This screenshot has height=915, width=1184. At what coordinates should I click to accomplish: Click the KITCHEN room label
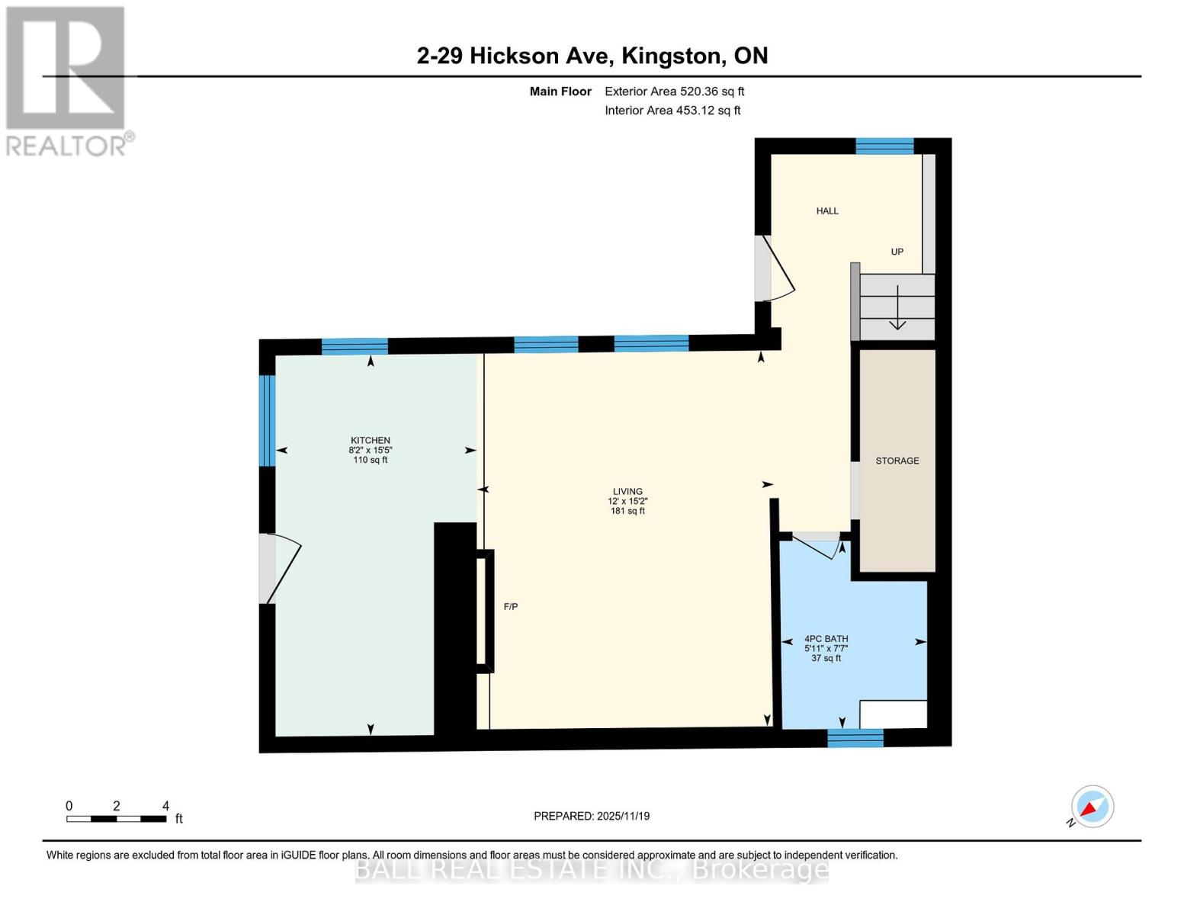click(370, 441)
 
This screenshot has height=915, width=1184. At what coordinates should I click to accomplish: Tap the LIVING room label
click(627, 492)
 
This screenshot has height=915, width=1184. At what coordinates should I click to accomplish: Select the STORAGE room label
click(897, 461)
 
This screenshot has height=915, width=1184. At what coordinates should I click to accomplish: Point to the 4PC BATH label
click(826, 639)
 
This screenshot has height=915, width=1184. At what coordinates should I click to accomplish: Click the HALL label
click(827, 211)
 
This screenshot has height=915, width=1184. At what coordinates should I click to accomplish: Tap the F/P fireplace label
click(511, 607)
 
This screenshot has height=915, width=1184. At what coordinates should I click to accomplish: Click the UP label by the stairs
click(897, 252)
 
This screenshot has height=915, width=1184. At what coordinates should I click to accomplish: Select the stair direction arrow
click(897, 308)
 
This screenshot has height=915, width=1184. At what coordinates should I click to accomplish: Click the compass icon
click(1092, 807)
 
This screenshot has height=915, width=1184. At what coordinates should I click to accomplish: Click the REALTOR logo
click(66, 80)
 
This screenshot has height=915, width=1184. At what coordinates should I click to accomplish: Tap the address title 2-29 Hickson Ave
click(592, 56)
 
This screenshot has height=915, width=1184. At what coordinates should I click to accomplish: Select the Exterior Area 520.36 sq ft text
click(674, 91)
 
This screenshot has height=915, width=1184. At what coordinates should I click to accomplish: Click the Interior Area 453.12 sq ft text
click(672, 111)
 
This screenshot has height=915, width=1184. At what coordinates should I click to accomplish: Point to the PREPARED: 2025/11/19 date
click(592, 816)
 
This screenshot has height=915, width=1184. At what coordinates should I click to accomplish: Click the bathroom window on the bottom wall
click(855, 737)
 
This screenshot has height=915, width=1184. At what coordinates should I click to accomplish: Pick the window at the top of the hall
click(884, 146)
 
